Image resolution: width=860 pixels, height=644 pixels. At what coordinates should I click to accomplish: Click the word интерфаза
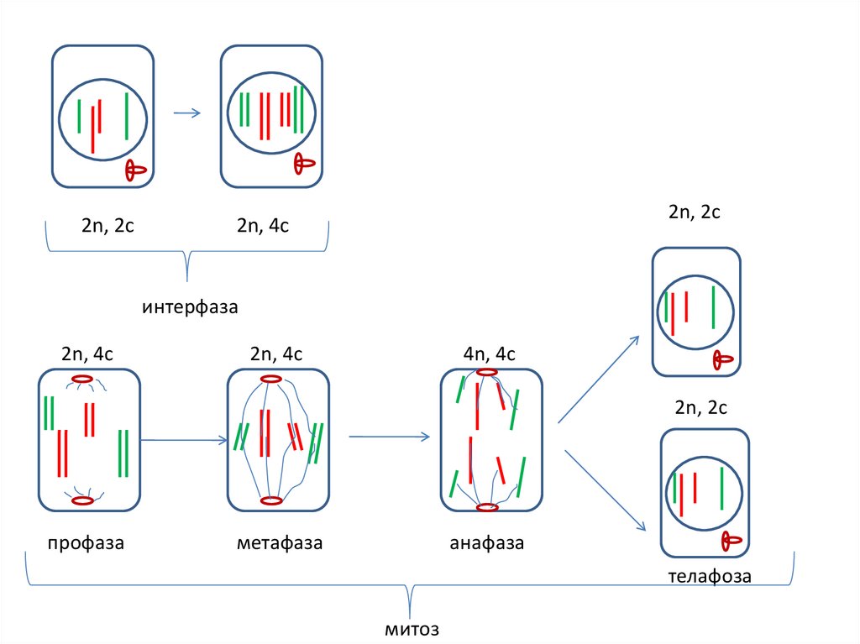pyautogui.click(x=191, y=307)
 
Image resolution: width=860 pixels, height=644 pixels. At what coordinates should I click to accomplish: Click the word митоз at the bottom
pyautogui.click(x=412, y=629)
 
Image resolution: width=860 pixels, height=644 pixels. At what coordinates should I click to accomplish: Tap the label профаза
pyautogui.click(x=86, y=543)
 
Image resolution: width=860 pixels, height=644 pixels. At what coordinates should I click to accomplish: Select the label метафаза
pyautogui.click(x=280, y=543)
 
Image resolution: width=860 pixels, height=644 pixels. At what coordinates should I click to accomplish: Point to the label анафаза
pyautogui.click(x=487, y=543)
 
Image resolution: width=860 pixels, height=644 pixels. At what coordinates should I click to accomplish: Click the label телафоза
pyautogui.click(x=710, y=577)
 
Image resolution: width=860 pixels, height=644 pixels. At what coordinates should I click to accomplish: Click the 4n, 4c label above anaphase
pyautogui.click(x=490, y=353)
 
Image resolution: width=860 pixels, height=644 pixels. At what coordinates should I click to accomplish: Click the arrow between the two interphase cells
pyautogui.click(x=186, y=113)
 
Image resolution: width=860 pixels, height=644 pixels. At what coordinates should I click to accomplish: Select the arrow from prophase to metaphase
pyautogui.click(x=184, y=439)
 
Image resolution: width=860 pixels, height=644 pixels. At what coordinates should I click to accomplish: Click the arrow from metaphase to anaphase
pyautogui.click(x=390, y=436)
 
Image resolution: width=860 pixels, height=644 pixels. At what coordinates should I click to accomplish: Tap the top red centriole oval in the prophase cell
pyautogui.click(x=81, y=380)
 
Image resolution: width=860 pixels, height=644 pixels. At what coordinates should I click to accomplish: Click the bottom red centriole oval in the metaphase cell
pyautogui.click(x=270, y=501)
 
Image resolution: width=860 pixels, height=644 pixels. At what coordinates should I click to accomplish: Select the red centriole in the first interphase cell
pyautogui.click(x=134, y=170)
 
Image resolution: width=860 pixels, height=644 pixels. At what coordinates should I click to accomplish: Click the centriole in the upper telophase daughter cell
pyautogui.click(x=722, y=361)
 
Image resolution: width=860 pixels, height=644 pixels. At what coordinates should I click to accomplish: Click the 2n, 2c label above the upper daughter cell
pyautogui.click(x=695, y=212)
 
